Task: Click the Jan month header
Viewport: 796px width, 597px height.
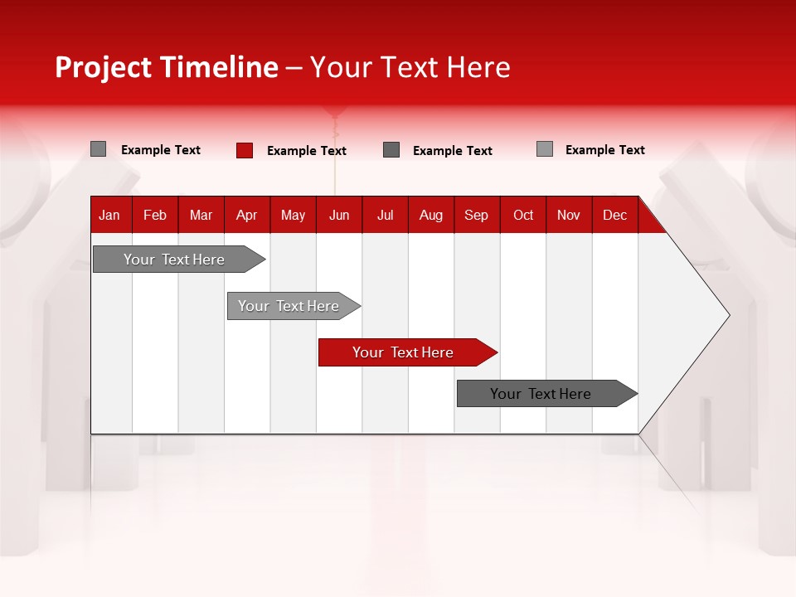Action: coord(109,215)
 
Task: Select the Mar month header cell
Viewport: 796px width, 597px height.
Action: coord(201,215)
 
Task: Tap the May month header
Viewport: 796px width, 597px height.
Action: coord(293,215)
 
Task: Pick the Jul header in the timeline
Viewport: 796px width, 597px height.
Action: coord(385,215)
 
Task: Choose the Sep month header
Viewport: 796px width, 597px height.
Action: coord(476,215)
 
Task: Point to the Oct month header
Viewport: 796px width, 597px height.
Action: coord(523,215)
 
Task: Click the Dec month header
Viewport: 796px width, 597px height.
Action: coord(614,215)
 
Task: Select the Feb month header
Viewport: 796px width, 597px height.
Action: coord(155,215)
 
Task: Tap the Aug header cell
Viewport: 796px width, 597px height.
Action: coord(430,215)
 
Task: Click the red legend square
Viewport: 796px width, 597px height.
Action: coord(245,150)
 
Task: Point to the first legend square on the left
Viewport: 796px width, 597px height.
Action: coord(98,149)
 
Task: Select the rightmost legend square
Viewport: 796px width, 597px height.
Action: coord(545,149)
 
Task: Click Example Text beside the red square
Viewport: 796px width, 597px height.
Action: coord(306,151)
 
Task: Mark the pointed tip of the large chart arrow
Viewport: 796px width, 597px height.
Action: coord(728,315)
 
